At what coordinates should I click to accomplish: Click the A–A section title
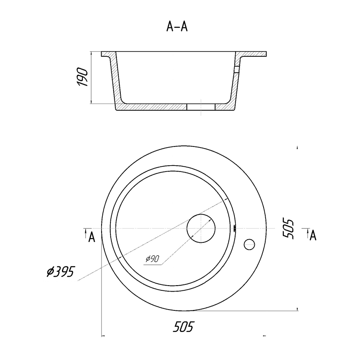177,27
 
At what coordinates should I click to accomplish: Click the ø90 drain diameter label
152,259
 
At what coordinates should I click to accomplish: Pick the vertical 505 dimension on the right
288,229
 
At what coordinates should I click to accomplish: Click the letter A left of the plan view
92,237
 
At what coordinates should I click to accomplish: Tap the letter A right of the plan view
313,235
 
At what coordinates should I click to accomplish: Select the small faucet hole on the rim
249,244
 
